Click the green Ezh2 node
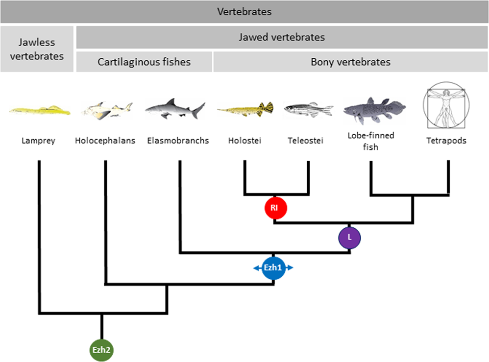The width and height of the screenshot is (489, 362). click(x=101, y=350)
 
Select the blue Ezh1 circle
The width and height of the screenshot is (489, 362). click(x=273, y=268)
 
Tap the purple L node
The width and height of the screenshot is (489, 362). click(x=349, y=237)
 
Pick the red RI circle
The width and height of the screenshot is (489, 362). click(x=275, y=208)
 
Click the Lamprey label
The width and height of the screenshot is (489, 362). click(x=38, y=141)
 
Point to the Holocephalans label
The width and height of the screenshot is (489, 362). click(x=105, y=141)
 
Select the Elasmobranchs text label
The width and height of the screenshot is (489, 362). click(x=178, y=141)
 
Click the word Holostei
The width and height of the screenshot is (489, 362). click(x=244, y=141)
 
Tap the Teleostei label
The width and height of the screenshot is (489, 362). click(x=306, y=141)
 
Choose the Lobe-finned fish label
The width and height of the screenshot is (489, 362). click(x=370, y=141)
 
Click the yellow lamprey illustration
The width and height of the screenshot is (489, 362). click(x=39, y=110)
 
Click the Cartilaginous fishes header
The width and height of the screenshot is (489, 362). click(x=144, y=62)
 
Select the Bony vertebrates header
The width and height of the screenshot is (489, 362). click(x=350, y=62)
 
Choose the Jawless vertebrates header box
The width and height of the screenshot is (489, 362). click(x=37, y=49)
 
